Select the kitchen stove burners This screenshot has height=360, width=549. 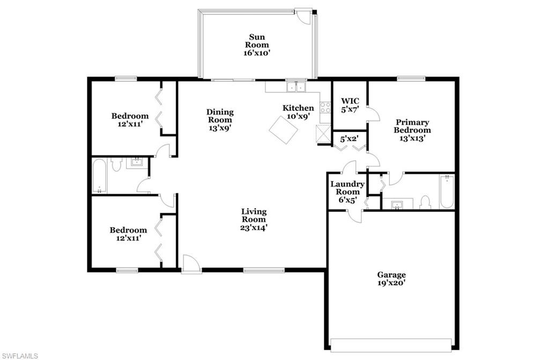click(325, 107)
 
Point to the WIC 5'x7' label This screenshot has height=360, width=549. click(350, 105)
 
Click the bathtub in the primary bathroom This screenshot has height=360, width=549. click(446, 192)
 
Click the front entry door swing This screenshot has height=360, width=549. click(190, 263)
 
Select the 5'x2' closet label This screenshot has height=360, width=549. click(350, 139)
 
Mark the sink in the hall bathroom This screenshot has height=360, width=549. click(136, 162)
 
